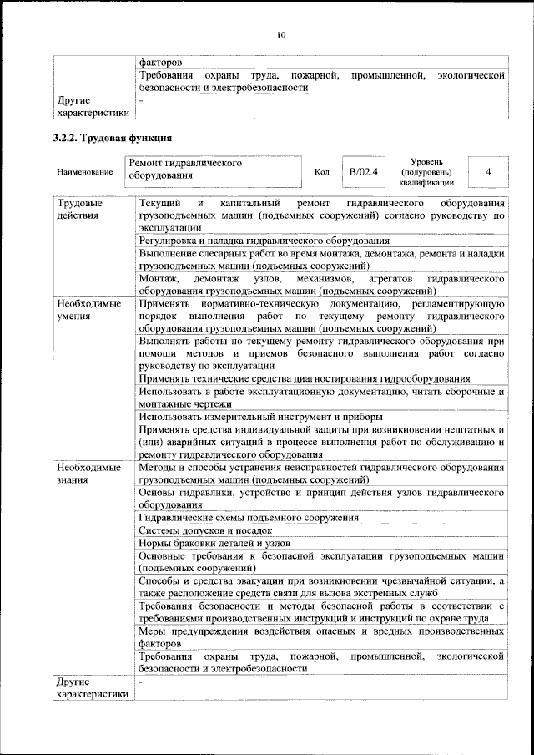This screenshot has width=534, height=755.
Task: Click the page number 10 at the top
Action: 281,34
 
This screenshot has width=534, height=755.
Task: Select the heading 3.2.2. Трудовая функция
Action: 113,137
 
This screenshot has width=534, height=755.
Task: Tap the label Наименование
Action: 85,172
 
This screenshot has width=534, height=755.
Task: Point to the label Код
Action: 322,172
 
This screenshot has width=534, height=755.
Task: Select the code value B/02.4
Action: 364,171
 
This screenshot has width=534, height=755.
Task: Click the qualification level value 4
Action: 487,171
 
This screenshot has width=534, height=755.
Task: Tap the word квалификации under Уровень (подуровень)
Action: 426,182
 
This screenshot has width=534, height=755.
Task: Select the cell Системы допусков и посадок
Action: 206,530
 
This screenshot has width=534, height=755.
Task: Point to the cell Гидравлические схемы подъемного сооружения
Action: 249,518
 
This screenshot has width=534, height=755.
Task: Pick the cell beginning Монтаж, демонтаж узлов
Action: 321,284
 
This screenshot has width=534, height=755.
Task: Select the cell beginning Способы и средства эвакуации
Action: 321,586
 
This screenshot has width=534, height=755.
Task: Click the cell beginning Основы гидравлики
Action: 321,499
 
